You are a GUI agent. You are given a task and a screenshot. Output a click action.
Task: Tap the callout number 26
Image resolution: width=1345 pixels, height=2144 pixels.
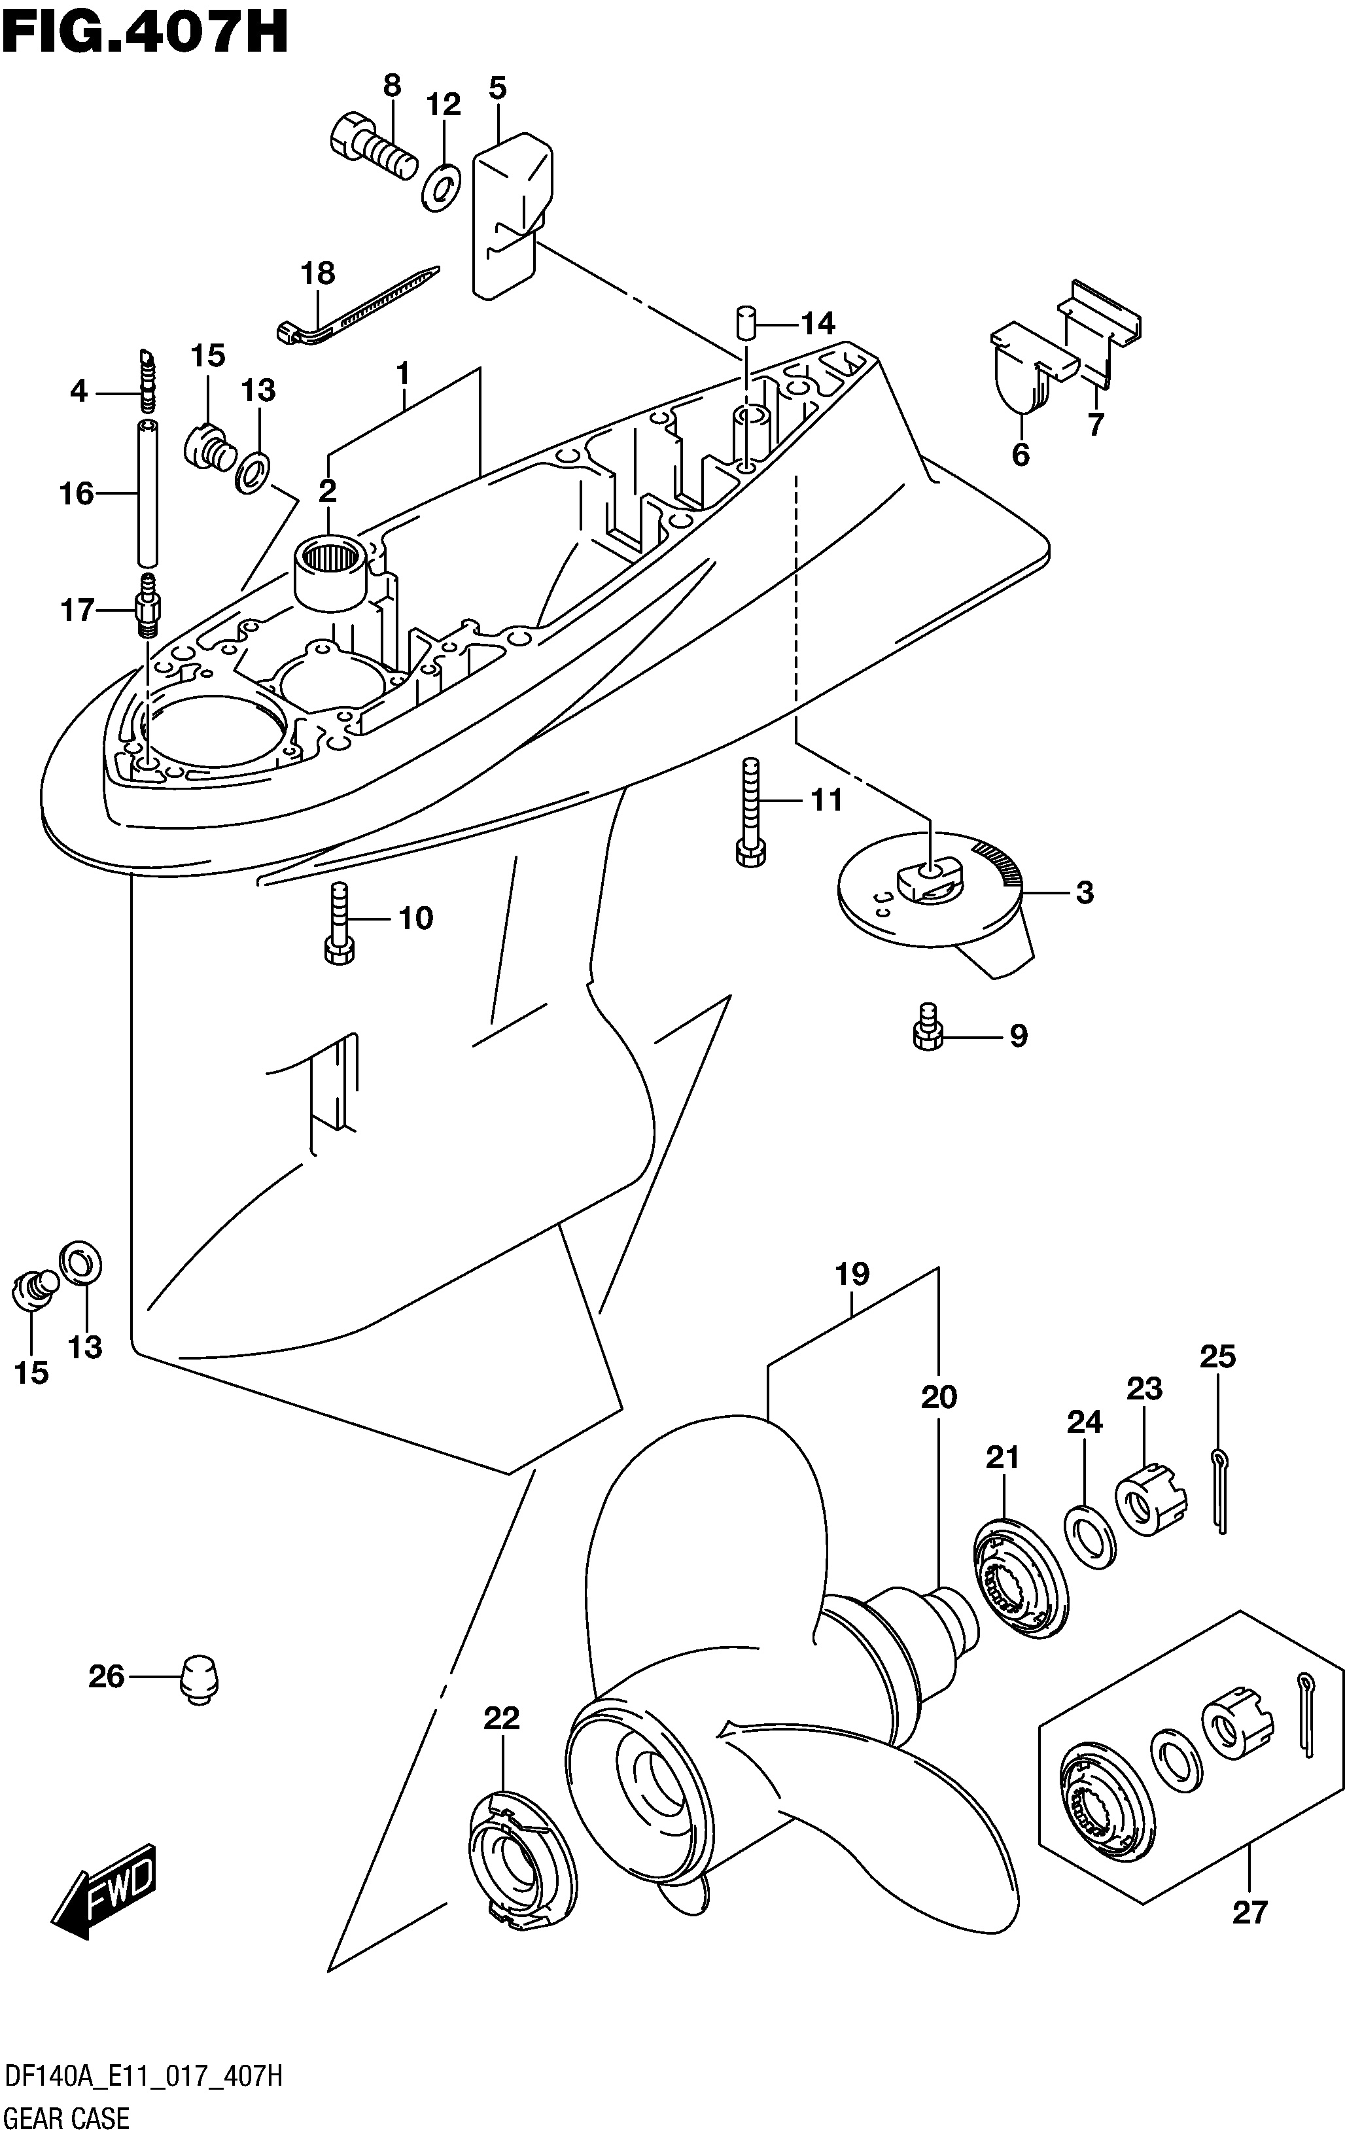pyautogui.click(x=106, y=1677)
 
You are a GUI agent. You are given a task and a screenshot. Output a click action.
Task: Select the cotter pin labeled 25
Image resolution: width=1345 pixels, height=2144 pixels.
pyautogui.click(x=1219, y=1489)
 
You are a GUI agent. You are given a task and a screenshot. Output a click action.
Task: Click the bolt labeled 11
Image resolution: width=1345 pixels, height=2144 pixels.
pyautogui.click(x=752, y=811)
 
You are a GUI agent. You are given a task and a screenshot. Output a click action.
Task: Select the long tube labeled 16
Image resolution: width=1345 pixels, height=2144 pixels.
pyautogui.click(x=148, y=493)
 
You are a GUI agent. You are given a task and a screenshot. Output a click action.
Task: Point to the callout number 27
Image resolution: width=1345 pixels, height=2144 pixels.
pyautogui.click(x=1249, y=1911)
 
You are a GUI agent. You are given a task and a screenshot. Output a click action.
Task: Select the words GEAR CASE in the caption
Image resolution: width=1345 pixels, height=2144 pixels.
pyautogui.click(x=67, y=2118)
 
